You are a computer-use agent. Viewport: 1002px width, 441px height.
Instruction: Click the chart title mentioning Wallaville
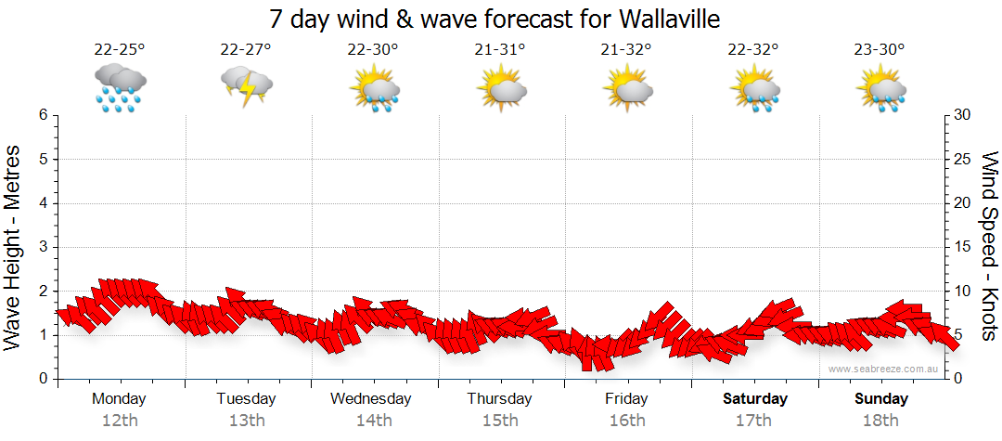tap(495, 19)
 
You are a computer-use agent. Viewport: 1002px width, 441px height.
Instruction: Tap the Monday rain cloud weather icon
tap(119, 87)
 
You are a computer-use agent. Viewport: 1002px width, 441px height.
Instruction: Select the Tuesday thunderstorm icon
tap(246, 86)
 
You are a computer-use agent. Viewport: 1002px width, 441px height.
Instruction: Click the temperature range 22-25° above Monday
tap(119, 49)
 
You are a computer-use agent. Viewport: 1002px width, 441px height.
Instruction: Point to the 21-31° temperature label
tap(500, 49)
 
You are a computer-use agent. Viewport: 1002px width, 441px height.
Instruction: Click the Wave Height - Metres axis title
tap(14, 247)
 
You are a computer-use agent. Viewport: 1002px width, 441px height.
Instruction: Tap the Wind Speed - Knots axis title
tap(989, 247)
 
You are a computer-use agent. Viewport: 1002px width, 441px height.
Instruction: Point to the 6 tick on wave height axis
tap(43, 115)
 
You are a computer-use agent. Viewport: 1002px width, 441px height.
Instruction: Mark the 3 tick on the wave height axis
tap(43, 247)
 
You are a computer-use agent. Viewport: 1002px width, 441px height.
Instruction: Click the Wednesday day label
tap(371, 399)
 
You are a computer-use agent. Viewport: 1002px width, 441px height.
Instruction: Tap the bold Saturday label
tap(755, 399)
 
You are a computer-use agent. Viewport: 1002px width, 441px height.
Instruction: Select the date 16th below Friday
tap(627, 421)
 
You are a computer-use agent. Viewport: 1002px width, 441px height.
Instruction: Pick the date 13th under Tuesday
tap(246, 421)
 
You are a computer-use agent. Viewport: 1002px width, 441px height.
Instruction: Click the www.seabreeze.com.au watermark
tap(885, 370)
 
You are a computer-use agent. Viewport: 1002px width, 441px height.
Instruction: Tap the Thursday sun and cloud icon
tap(501, 88)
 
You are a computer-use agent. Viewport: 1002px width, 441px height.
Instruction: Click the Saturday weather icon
tap(754, 89)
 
